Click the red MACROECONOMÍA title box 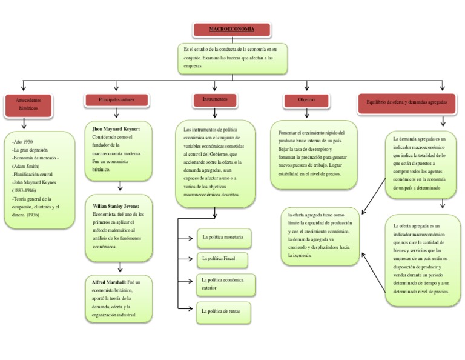click(x=232, y=30)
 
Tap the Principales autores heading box click(x=117, y=99)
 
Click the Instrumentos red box click(x=215, y=99)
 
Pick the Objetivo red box click(x=306, y=100)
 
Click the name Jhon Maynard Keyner click(x=116, y=129)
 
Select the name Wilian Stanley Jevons click(x=116, y=206)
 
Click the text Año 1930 click(x=22, y=141)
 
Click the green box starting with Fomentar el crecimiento click(x=314, y=153)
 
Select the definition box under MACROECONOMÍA click(x=232, y=58)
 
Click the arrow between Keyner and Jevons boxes click(x=120, y=185)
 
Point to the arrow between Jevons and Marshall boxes click(x=120, y=266)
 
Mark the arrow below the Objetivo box click(x=306, y=113)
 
